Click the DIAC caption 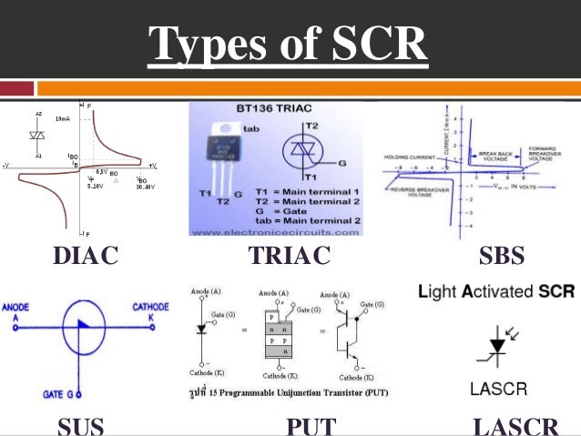[x=86, y=258]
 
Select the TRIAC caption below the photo [x=289, y=258]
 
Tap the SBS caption [x=501, y=258]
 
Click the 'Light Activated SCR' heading [x=495, y=292]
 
